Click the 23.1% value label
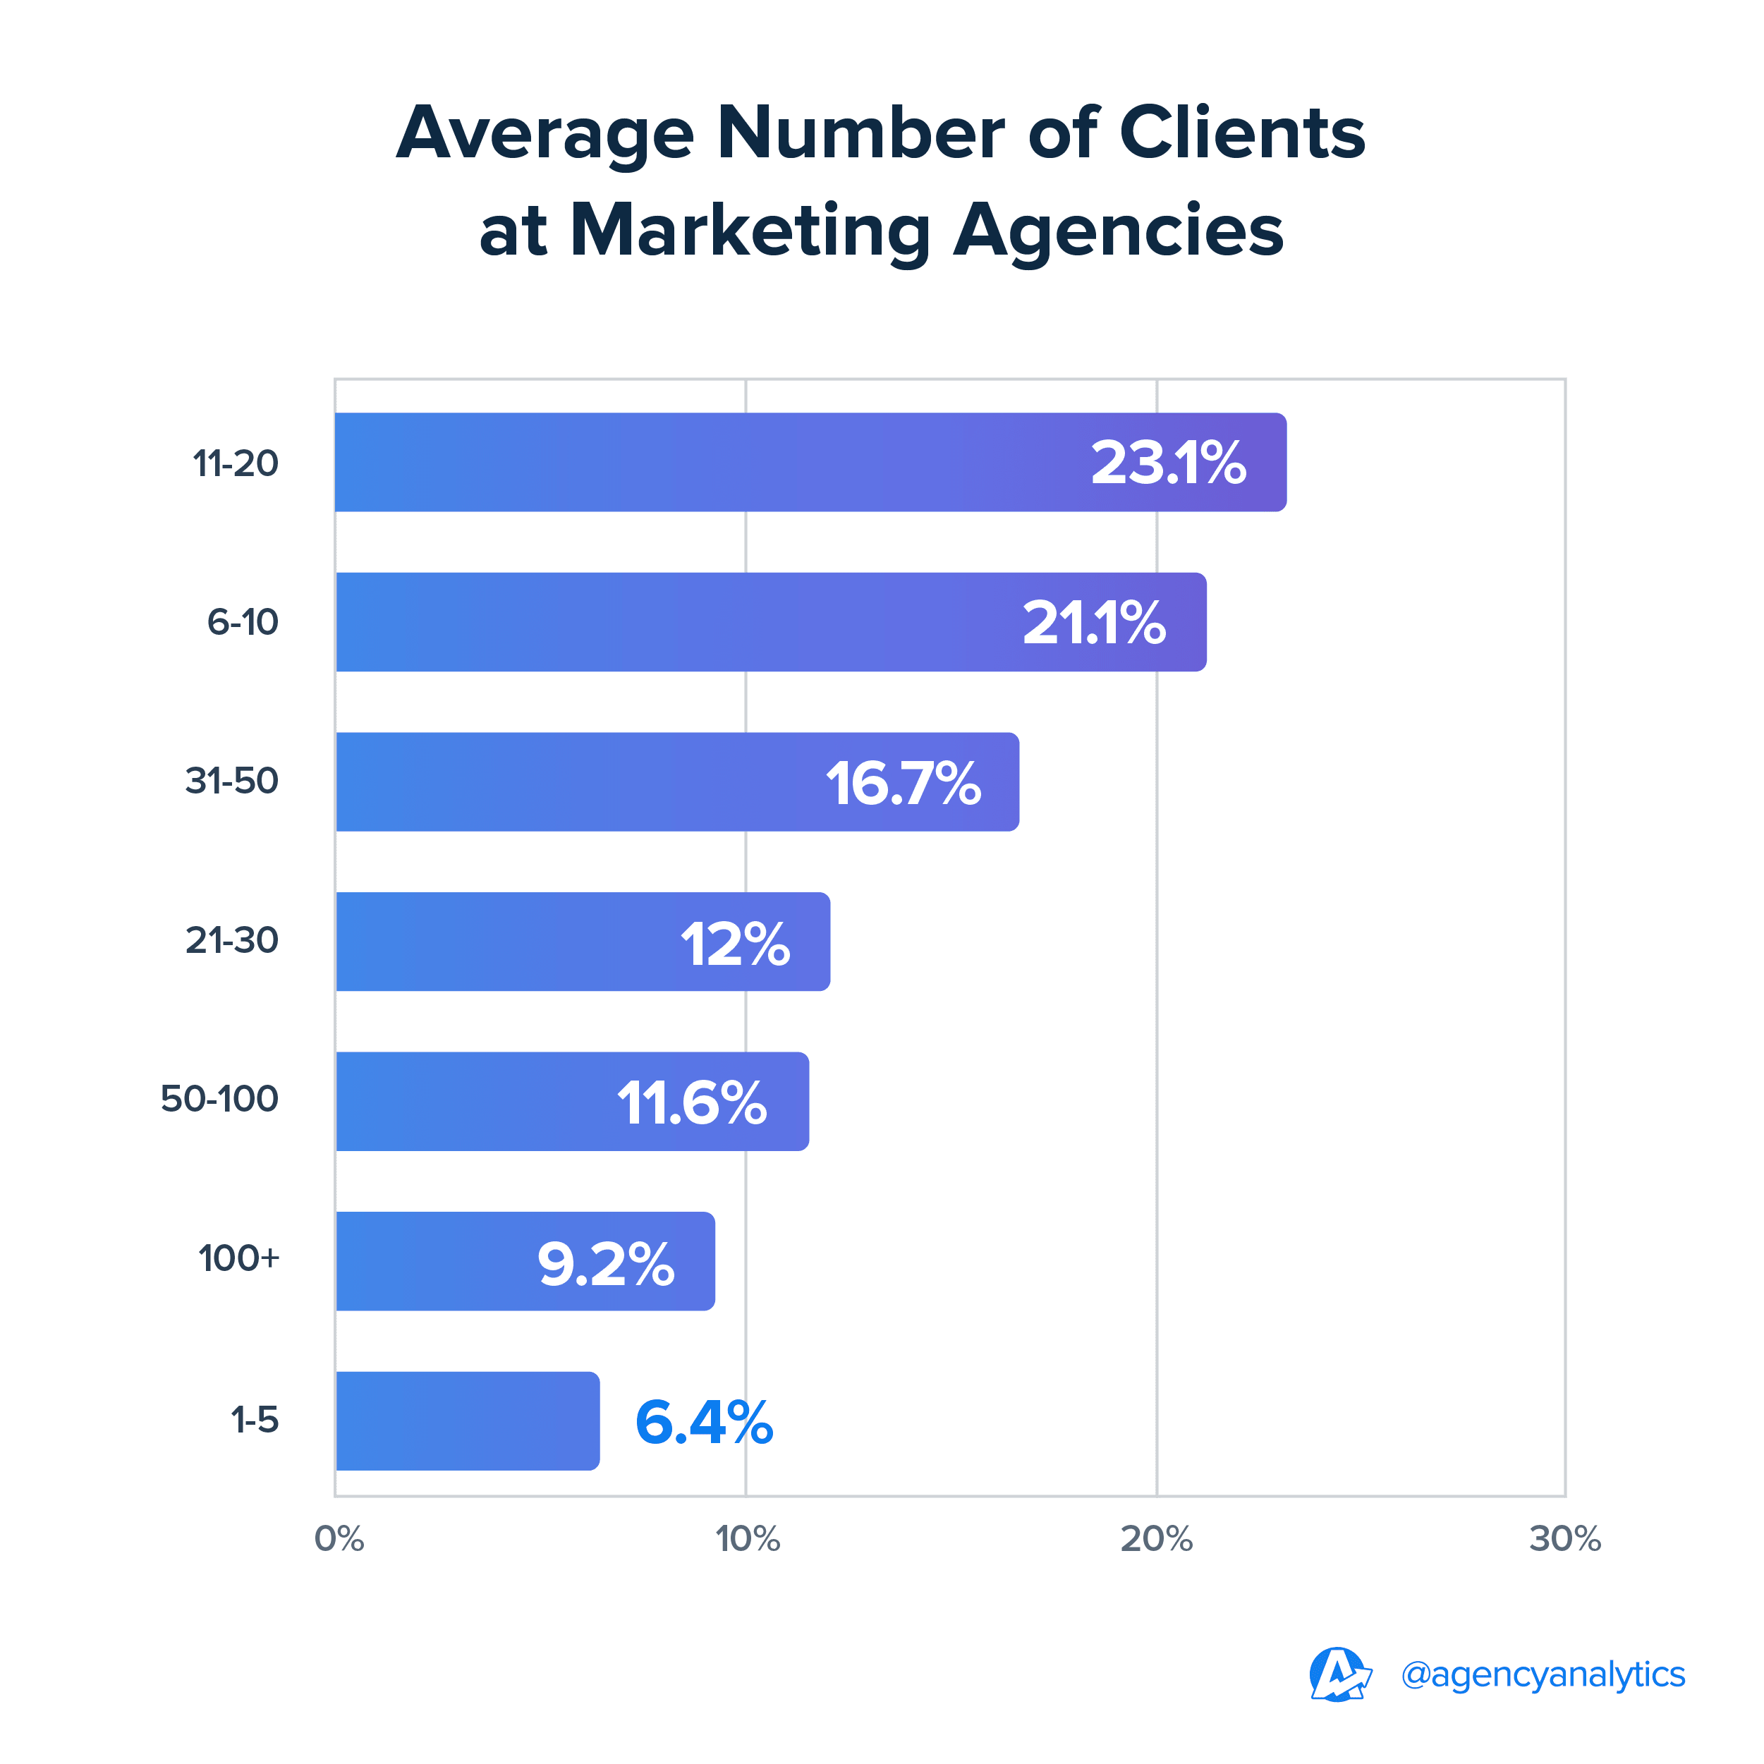coord(1168,463)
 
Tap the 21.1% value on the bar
coord(1094,623)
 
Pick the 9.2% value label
coord(605,1264)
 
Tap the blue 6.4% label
coord(704,1422)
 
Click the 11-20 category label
coord(236,464)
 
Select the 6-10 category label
coord(242,623)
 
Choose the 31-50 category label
coord(232,781)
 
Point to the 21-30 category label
coord(232,940)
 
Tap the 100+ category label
coord(239,1258)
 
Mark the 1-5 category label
coord(255,1420)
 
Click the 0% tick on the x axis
coord(339,1540)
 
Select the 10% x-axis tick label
coord(748,1540)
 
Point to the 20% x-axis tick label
coord(1156,1540)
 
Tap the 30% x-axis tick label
coord(1565,1540)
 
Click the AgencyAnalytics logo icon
coord(1339,1674)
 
